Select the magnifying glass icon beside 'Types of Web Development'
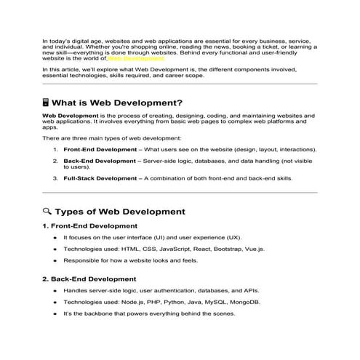(47, 212)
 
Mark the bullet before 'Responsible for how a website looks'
(55, 260)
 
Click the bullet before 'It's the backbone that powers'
(55, 313)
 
